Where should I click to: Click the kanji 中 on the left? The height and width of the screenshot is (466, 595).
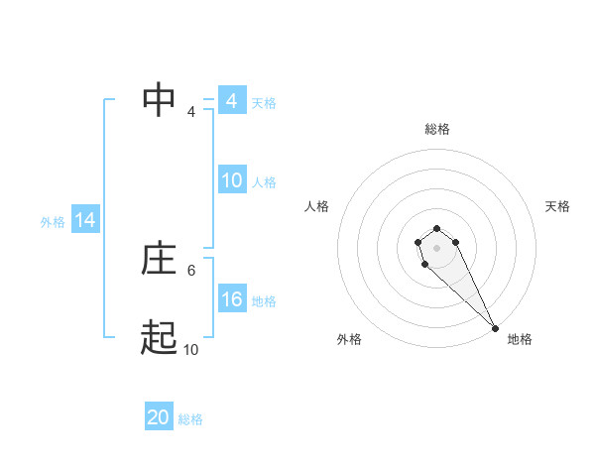[x=159, y=101]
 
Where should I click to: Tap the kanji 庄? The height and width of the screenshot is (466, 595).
[x=159, y=260]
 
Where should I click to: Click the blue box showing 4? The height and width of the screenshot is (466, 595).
[x=232, y=101]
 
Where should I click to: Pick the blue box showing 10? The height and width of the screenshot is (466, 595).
[x=232, y=180]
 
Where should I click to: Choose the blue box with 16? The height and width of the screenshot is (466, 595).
[x=232, y=299]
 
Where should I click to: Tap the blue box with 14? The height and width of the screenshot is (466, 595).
[x=85, y=220]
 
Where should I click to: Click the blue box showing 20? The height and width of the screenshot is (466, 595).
[x=159, y=417]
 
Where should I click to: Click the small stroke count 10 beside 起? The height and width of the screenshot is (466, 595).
[x=190, y=349]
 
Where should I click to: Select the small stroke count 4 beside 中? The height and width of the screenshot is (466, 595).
[x=191, y=111]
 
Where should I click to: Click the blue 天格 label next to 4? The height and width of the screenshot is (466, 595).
[x=264, y=102]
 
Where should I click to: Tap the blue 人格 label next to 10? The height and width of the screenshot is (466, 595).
[x=264, y=181]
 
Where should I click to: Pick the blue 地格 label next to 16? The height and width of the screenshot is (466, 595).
[x=264, y=300]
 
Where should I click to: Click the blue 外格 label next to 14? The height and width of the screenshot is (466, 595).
[x=53, y=222]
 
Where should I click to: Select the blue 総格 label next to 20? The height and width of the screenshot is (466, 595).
[x=190, y=419]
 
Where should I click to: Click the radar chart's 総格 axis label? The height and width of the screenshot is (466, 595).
[x=437, y=129]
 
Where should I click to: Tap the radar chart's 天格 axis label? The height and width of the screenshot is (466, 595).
[x=557, y=206]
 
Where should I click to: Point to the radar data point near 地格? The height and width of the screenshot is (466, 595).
[x=495, y=327]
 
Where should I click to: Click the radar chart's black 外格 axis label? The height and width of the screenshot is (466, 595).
[x=349, y=339]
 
